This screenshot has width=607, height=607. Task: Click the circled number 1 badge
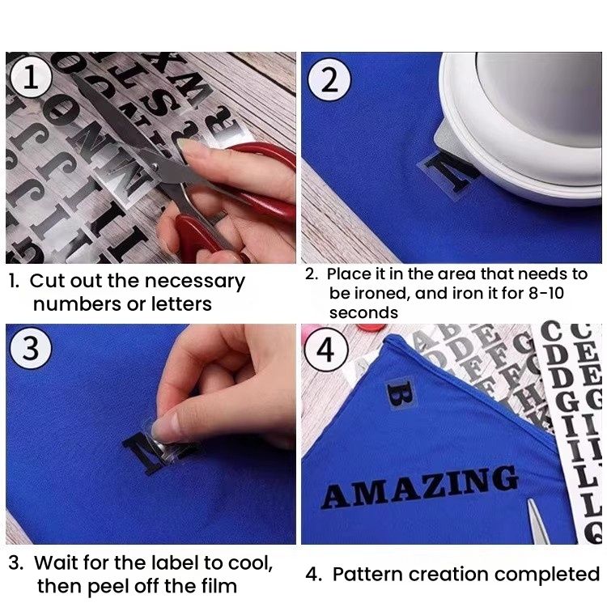click(x=31, y=77)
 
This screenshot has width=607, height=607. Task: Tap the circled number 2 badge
click(x=329, y=80)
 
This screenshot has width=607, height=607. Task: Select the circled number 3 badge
click(x=31, y=348)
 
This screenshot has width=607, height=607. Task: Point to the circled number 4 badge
click(x=326, y=350)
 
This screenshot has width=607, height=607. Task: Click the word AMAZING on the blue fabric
click(x=420, y=487)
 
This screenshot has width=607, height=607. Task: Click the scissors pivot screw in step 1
click(x=155, y=166)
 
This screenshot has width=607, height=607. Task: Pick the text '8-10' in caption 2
click(x=546, y=293)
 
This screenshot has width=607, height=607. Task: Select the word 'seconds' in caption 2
click(x=363, y=312)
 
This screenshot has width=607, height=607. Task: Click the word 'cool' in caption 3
click(x=250, y=563)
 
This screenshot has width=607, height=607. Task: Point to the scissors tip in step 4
click(x=529, y=500)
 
